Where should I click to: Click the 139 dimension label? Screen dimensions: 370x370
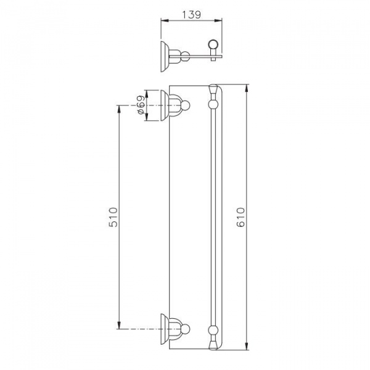(x=192, y=15)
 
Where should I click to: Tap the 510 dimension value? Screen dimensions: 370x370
(x=113, y=217)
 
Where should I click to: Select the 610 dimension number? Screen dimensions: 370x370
(x=240, y=217)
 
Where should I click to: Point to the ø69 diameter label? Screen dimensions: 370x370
(x=141, y=105)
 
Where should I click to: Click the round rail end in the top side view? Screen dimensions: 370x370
(x=213, y=44)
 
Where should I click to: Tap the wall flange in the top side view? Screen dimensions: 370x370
(x=165, y=57)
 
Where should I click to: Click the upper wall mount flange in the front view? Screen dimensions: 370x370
(x=165, y=105)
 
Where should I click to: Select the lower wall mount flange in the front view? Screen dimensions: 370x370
(x=165, y=329)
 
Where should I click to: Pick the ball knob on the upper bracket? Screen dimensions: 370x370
(x=186, y=105)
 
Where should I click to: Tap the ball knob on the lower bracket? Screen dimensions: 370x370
(x=186, y=329)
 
